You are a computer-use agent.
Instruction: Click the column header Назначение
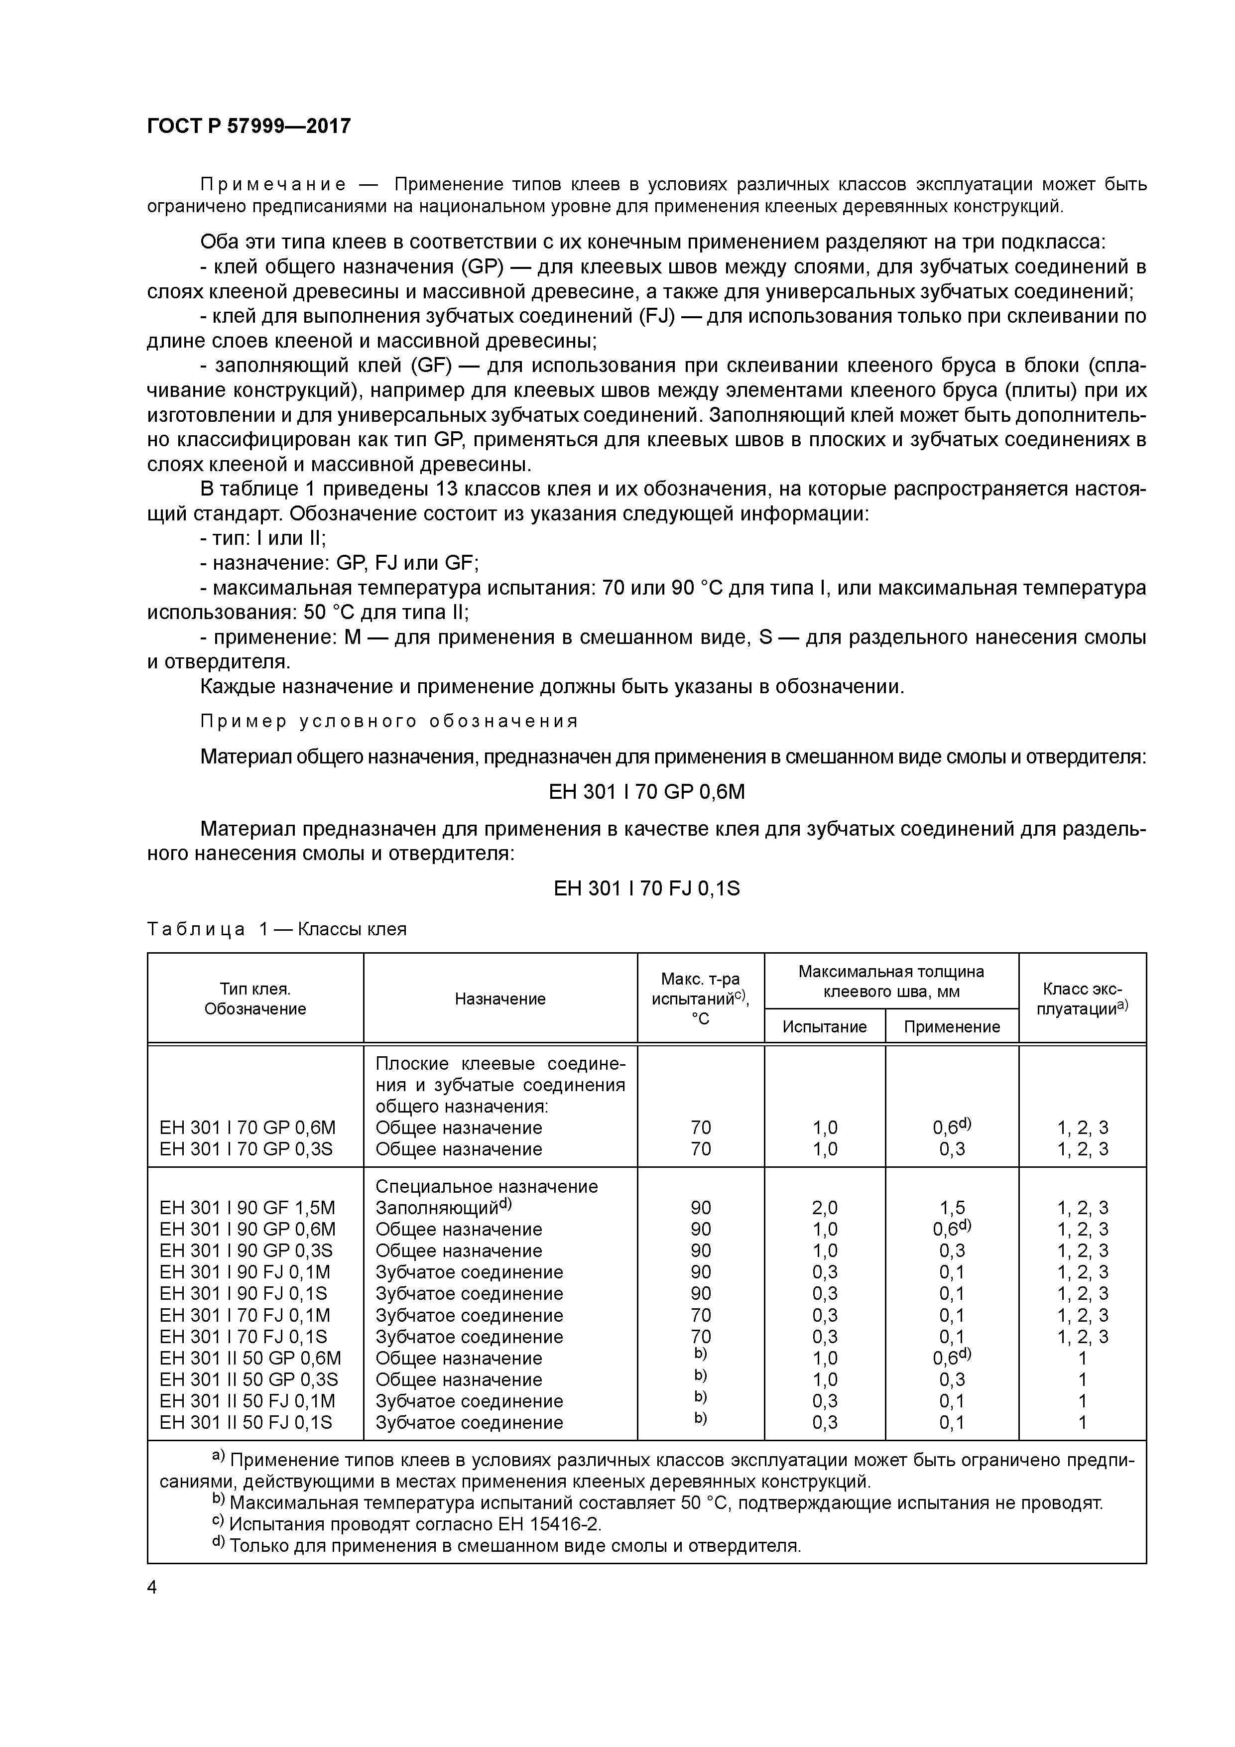(500, 999)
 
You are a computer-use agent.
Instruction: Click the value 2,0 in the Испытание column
(824, 1208)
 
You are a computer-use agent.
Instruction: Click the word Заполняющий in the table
(436, 1208)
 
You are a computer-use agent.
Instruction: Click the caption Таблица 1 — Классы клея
(277, 929)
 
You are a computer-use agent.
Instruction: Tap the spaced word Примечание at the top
(273, 184)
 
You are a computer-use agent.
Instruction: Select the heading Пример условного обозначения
(389, 721)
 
